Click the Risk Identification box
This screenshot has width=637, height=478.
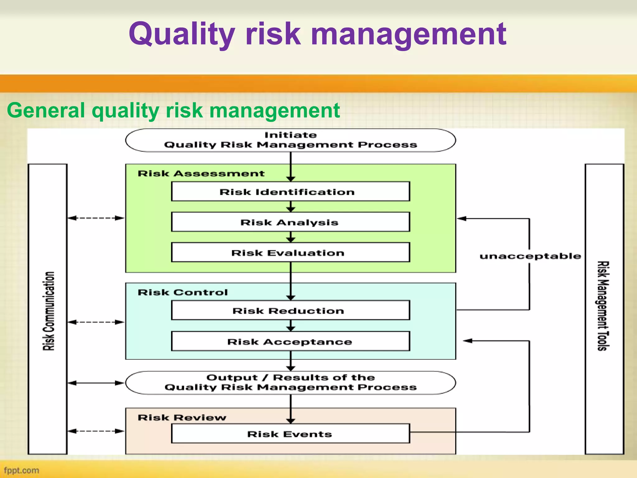[x=290, y=191]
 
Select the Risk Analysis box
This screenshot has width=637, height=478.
[x=290, y=222]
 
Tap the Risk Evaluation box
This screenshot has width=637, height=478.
[x=290, y=252]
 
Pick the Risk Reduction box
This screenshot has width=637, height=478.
[x=290, y=310]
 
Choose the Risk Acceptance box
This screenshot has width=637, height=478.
[x=290, y=341]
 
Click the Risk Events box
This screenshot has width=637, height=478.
[x=290, y=433]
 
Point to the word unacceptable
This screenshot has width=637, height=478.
[x=530, y=256]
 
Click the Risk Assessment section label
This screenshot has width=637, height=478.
[x=201, y=173]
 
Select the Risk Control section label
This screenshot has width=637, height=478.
[x=183, y=292]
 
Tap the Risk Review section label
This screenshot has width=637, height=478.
[x=182, y=417]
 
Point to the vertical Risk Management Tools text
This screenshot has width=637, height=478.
[x=603, y=306]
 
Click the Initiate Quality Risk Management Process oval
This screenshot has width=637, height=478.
[x=290, y=140]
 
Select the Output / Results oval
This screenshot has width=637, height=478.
[x=290, y=382]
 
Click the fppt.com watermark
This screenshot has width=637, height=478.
[x=21, y=470]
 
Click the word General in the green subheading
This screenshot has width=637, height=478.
[x=46, y=110]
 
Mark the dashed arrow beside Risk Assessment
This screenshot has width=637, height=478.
[x=96, y=218]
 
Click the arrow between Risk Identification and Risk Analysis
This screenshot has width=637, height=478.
[x=291, y=206]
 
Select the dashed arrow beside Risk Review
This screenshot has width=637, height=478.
[x=96, y=431]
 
